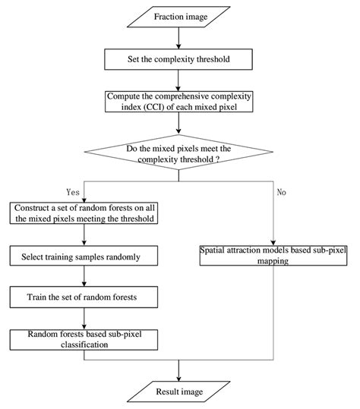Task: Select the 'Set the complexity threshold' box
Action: (x=180, y=58)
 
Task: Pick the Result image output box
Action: (x=180, y=392)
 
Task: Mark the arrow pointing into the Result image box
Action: (x=180, y=370)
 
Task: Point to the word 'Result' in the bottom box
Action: (x=167, y=392)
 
